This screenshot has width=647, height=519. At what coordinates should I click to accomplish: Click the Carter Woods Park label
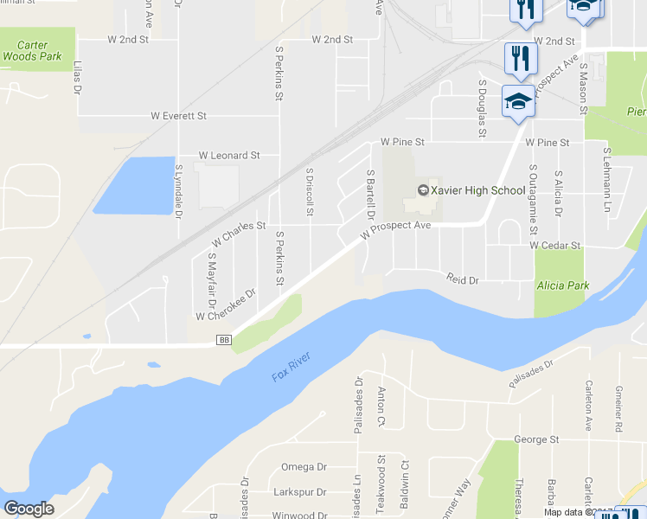[31, 50]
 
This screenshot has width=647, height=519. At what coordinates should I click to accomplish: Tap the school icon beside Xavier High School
[423, 190]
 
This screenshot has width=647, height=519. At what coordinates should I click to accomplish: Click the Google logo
[29, 509]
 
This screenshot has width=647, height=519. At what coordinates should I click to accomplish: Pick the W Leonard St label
[229, 156]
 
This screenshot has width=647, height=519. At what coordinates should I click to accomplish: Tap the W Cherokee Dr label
[226, 304]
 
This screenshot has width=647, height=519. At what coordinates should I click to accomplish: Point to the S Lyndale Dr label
[178, 183]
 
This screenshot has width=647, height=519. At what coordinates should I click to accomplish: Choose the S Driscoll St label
[309, 192]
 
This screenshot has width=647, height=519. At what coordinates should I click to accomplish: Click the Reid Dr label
[463, 279]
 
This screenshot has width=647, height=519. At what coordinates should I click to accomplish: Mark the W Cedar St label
[555, 246]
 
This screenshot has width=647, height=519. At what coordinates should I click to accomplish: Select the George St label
[536, 439]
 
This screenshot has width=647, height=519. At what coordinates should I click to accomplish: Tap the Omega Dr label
[304, 467]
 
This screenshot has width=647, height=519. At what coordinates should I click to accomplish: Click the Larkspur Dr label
[298, 492]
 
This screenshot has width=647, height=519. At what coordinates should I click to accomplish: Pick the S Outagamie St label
[533, 201]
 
